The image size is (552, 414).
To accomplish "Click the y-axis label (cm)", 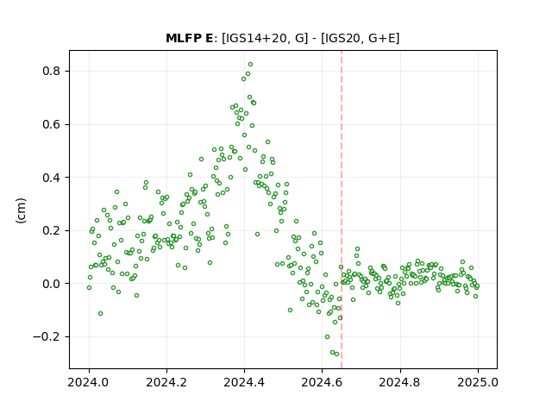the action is [21, 210].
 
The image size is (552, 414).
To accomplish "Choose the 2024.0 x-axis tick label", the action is [89, 382].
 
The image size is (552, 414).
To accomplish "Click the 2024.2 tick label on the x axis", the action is [166, 382].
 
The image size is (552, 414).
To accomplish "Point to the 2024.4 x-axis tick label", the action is [244, 382].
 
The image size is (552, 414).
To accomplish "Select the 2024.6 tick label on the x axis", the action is [322, 382].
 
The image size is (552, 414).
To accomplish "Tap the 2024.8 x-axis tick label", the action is [400, 382].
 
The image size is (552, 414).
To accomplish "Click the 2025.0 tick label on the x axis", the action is [478, 382].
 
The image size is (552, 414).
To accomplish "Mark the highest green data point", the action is [251, 65].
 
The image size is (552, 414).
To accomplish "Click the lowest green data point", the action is [337, 354].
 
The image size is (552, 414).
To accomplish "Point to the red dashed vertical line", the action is [342, 210].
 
